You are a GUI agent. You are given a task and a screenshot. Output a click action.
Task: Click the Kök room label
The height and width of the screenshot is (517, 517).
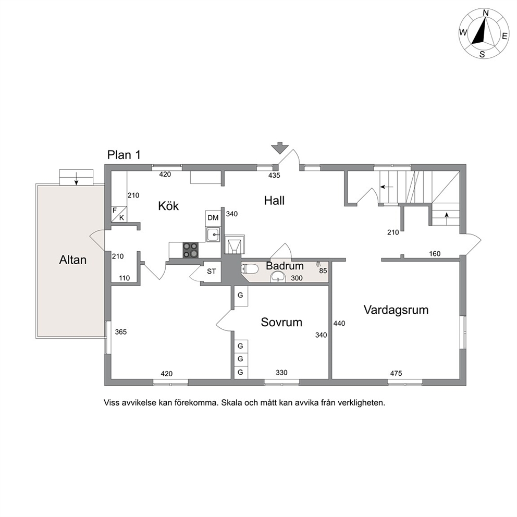coord(168,206)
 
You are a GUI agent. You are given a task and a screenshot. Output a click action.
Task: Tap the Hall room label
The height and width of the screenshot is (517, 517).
coord(274,201)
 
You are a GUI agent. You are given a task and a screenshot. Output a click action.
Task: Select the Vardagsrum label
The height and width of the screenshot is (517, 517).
coord(396,310)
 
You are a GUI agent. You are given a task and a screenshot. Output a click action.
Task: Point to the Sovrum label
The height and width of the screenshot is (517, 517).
coord(281,322)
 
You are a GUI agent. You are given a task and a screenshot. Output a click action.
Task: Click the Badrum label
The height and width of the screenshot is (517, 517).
coord(285,266)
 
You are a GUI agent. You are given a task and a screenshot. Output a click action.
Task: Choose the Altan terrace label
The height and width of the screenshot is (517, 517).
coord(73,260)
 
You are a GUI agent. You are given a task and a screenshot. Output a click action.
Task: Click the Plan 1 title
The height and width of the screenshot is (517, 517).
coord(124,155)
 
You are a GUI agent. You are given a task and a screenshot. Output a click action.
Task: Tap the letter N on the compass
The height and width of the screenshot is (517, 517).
coord(486,13)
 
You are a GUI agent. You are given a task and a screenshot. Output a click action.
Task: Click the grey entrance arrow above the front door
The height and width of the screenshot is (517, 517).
coord(280,147)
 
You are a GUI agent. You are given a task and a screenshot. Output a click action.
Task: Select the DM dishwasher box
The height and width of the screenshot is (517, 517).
coord(213,218)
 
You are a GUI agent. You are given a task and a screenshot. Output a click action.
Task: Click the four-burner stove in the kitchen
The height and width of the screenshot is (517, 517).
coord(191,250)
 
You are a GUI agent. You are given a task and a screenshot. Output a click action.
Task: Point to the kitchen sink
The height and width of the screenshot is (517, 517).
coord(213,235)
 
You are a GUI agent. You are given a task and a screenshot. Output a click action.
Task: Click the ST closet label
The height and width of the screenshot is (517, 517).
coord(212,272)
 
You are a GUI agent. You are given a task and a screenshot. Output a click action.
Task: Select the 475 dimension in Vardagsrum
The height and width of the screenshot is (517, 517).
coord(396,373)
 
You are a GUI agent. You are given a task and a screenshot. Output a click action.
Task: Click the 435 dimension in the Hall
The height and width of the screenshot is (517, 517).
coord(274,176)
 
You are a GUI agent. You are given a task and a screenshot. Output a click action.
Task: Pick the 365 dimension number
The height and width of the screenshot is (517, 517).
coord(121,332)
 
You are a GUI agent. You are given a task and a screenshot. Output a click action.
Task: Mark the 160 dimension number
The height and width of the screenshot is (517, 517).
coord(435,254)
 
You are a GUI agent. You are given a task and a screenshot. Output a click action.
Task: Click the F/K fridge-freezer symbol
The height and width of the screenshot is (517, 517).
coord(119,214)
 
